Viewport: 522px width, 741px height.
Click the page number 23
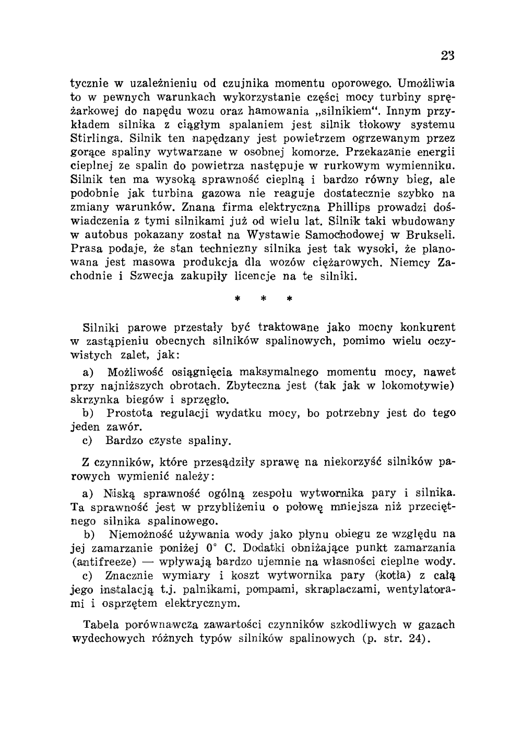447,56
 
